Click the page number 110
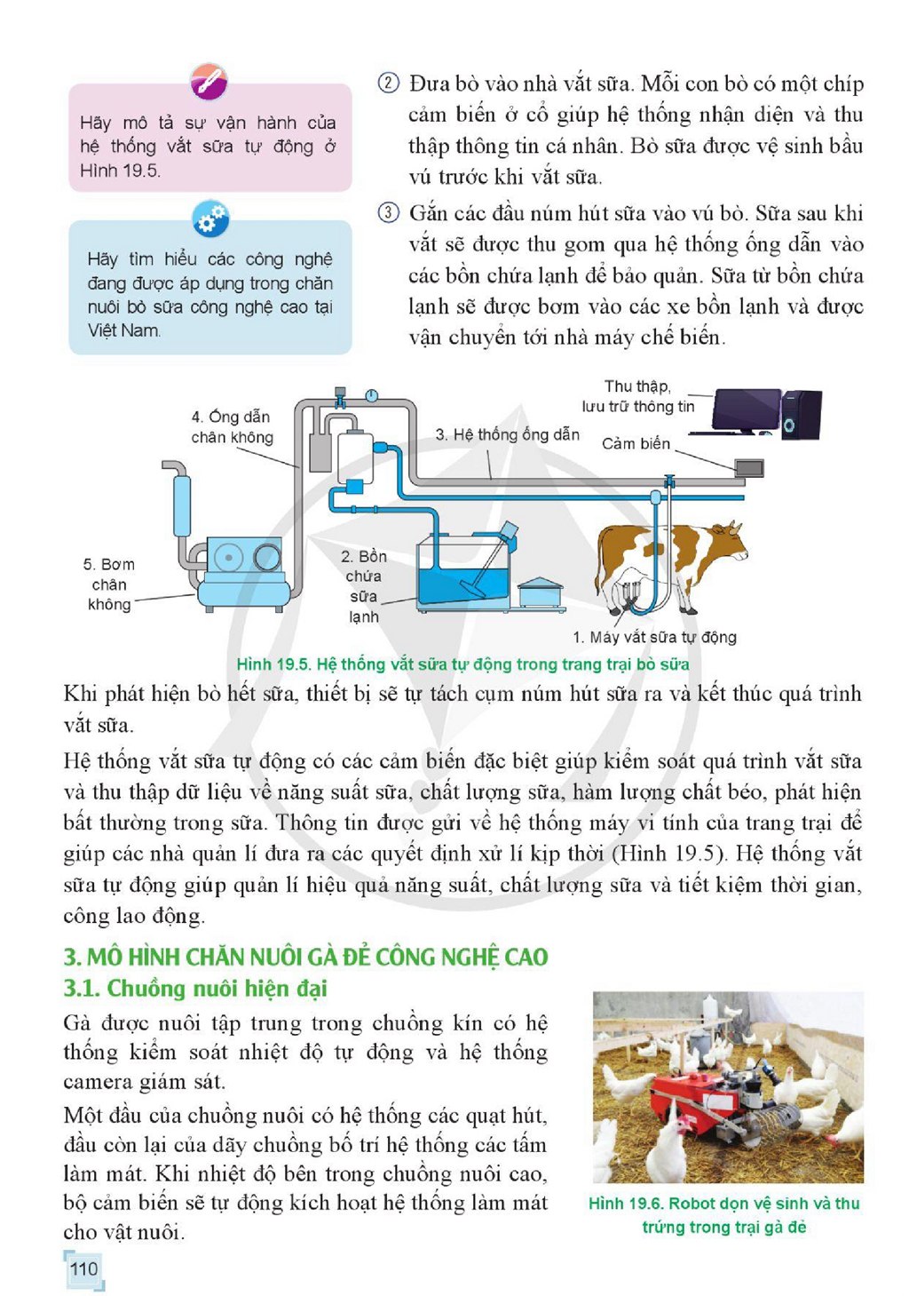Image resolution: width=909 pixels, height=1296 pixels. (x=83, y=1268)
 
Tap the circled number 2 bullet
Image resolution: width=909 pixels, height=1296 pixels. (x=388, y=83)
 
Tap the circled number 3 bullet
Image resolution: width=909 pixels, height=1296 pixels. (x=388, y=212)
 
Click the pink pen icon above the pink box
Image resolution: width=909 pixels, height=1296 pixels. (x=209, y=81)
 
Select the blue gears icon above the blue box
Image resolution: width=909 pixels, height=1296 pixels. (x=210, y=219)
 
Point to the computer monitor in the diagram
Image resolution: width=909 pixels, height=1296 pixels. (x=746, y=411)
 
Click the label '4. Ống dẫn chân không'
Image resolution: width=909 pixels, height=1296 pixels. (x=232, y=426)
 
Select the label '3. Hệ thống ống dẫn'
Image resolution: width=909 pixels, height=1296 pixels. (x=507, y=434)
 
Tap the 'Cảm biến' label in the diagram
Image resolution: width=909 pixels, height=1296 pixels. (x=636, y=444)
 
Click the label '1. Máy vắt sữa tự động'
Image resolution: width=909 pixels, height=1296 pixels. (x=654, y=637)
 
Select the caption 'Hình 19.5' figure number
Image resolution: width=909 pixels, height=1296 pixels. (x=274, y=664)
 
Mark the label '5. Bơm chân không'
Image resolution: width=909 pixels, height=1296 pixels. (x=108, y=584)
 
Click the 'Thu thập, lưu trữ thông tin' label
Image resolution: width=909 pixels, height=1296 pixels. (x=637, y=396)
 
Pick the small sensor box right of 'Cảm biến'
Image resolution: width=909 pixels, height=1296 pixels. (x=749, y=467)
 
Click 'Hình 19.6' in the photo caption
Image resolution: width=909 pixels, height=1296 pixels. (x=626, y=1203)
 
